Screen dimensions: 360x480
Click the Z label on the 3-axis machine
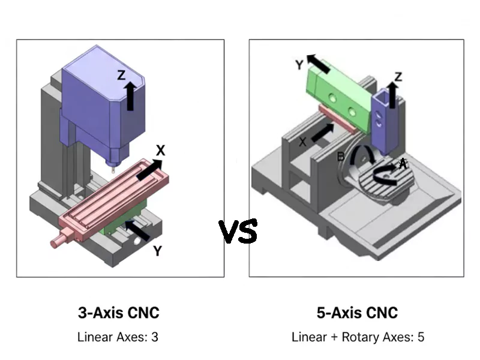coord(121,76)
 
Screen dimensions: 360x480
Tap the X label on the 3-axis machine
coord(161,149)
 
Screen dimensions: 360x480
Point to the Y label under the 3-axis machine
coord(157,251)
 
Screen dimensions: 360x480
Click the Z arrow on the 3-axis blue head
coord(130,97)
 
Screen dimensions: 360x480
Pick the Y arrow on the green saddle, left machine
coord(137,230)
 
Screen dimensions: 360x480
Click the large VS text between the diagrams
coord(238,232)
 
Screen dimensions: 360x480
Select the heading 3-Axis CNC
coord(119,313)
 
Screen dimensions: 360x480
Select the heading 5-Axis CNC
coord(357,313)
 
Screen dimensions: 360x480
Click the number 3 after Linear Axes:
coord(155,337)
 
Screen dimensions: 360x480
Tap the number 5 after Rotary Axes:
coord(421,337)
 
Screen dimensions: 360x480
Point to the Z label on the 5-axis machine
coord(399,76)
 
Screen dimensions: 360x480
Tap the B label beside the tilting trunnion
coord(341,157)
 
